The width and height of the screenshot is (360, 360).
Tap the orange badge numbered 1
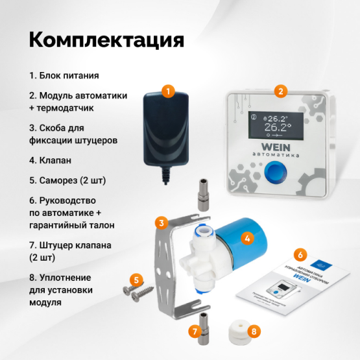click(x=168, y=91)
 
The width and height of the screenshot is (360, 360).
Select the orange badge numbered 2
click(x=280, y=91)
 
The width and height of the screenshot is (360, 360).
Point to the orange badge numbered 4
click(x=245, y=237)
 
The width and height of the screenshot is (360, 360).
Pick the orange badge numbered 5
click(x=135, y=280)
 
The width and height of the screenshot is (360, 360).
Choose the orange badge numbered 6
click(x=300, y=254)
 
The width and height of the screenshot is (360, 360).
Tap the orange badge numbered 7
click(x=193, y=331)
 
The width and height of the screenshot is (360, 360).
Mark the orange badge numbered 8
click(x=254, y=331)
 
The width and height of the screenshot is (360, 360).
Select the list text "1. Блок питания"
click(x=64, y=75)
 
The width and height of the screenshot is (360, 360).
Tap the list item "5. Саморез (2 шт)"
click(x=67, y=180)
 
